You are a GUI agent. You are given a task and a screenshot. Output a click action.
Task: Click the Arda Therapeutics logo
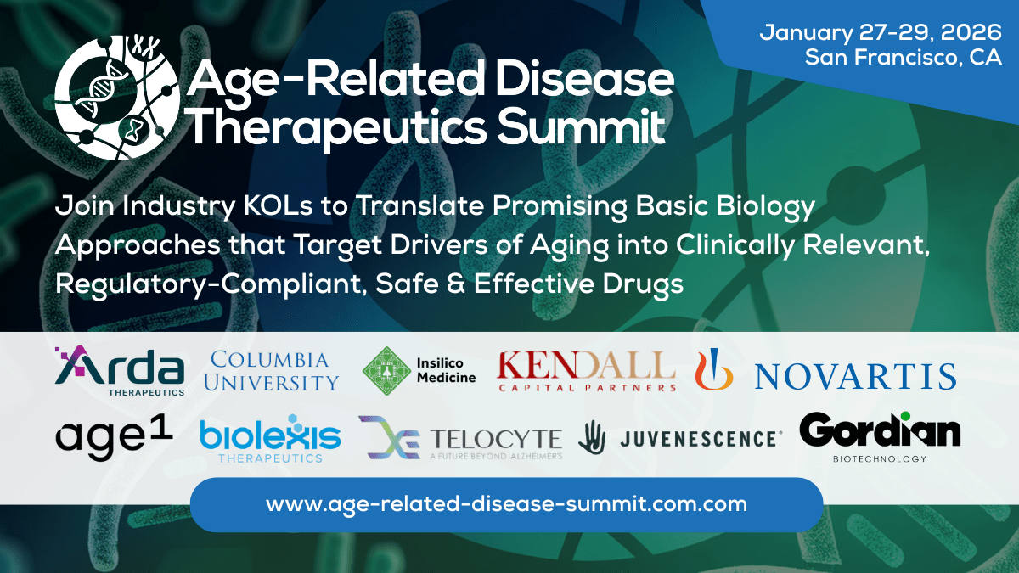[x=120, y=371]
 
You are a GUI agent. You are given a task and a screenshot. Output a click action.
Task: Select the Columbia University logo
[x=274, y=371]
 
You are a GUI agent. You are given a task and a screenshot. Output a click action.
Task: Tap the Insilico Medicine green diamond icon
[x=386, y=371]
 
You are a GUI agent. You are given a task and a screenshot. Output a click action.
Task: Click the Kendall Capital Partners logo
[x=586, y=370]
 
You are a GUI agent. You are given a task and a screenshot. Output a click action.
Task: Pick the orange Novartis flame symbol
[x=714, y=372]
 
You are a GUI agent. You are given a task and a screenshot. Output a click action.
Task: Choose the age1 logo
[x=114, y=437]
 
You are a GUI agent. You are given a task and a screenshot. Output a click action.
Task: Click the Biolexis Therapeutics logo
[x=269, y=439]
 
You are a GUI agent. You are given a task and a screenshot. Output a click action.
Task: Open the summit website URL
[x=506, y=504]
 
